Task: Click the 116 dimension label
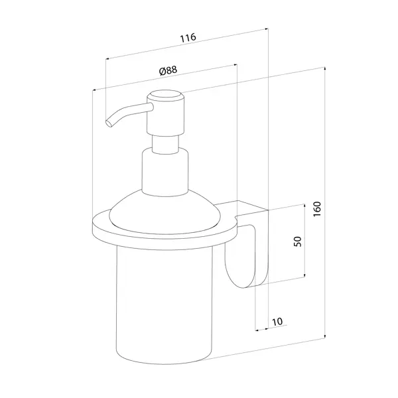pyautogui.click(x=188, y=38)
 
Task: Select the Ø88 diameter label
pyautogui.click(x=168, y=70)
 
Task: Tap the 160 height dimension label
pyautogui.click(x=317, y=209)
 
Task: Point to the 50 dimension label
pyautogui.click(x=297, y=241)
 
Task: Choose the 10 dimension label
pyautogui.click(x=277, y=322)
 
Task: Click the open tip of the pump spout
pyautogui.click(x=109, y=123)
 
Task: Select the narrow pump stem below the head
pyautogui.click(x=165, y=144)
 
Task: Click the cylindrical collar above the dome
pyautogui.click(x=165, y=172)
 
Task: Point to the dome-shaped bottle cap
pyautogui.click(x=165, y=213)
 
